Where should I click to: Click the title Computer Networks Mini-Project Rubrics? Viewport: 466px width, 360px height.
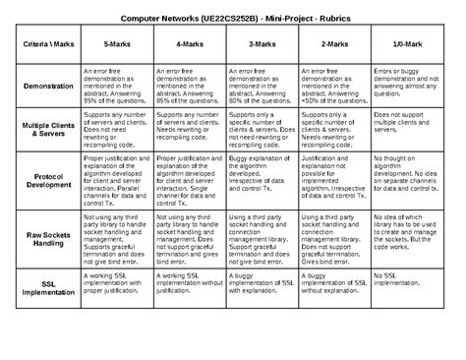coord(233,20)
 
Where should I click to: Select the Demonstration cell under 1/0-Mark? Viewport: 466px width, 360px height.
coord(406,86)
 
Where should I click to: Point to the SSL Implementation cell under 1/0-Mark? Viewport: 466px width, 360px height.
coord(406,280)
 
